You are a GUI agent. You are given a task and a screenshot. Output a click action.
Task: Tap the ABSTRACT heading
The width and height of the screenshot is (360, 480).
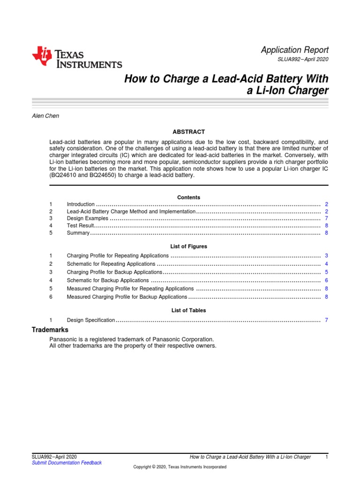(x=188, y=132)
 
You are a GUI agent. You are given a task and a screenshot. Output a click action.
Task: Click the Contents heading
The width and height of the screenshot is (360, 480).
(x=188, y=197)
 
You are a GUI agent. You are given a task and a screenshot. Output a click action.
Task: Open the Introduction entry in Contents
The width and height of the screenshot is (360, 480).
(x=81, y=204)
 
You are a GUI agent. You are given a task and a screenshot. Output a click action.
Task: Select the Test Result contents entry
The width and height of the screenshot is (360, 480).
(x=81, y=225)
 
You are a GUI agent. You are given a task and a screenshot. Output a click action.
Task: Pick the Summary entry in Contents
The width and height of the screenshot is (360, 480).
(x=78, y=232)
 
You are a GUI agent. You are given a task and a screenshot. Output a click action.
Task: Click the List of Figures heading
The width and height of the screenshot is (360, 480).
(x=188, y=246)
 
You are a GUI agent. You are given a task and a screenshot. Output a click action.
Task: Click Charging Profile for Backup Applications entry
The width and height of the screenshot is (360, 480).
(x=114, y=272)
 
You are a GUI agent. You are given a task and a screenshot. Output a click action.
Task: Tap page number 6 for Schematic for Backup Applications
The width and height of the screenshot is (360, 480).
(x=326, y=280)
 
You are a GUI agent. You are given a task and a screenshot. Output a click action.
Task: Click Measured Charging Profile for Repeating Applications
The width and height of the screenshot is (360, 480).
(x=130, y=289)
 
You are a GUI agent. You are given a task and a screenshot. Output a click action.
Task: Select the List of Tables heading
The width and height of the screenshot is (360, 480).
(x=188, y=310)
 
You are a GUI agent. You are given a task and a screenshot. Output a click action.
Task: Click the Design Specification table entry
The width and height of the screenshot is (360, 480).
(x=90, y=320)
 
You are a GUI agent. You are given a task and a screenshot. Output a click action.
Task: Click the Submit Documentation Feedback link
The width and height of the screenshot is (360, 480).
(x=66, y=463)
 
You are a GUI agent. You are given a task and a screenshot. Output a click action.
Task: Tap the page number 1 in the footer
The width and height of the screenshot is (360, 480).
(x=326, y=457)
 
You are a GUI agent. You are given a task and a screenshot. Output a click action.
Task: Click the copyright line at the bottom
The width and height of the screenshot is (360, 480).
(x=180, y=467)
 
